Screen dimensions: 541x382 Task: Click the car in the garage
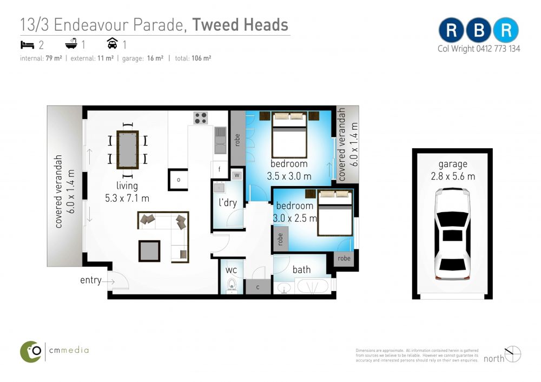452,233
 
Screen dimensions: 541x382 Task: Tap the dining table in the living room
128,150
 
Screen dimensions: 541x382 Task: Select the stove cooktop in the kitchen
201,117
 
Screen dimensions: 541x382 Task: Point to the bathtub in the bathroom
313,287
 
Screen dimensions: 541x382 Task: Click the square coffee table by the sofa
149,251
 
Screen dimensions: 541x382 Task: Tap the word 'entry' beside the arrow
91,280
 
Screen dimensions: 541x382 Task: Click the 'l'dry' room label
228,202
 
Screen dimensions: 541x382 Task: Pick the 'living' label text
127,186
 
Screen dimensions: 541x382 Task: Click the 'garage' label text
453,164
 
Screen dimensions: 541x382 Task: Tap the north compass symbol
513,354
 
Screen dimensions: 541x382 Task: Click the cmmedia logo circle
31,352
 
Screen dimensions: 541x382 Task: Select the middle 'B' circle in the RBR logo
479,30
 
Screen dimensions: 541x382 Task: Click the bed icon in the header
27,45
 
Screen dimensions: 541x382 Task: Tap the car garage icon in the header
113,43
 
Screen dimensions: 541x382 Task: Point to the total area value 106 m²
201,58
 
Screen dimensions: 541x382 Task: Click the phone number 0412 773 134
498,49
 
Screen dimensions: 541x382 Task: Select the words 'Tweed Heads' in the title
240,25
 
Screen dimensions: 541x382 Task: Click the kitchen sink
221,140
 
